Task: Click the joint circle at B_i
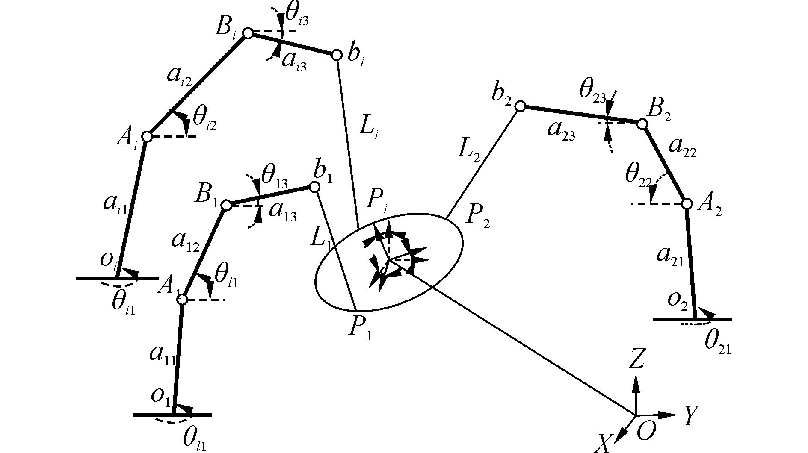point(248,33)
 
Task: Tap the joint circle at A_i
point(147,137)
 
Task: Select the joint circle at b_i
point(337,55)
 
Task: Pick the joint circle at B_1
point(227,206)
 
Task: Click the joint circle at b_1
point(314,187)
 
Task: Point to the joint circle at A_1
point(182,300)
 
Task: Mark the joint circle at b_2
point(520,106)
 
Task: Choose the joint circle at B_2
point(642,124)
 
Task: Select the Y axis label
point(689,416)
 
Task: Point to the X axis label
point(603,443)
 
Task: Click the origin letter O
point(646,432)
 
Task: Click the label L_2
point(469,151)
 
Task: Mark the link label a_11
point(162,354)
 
